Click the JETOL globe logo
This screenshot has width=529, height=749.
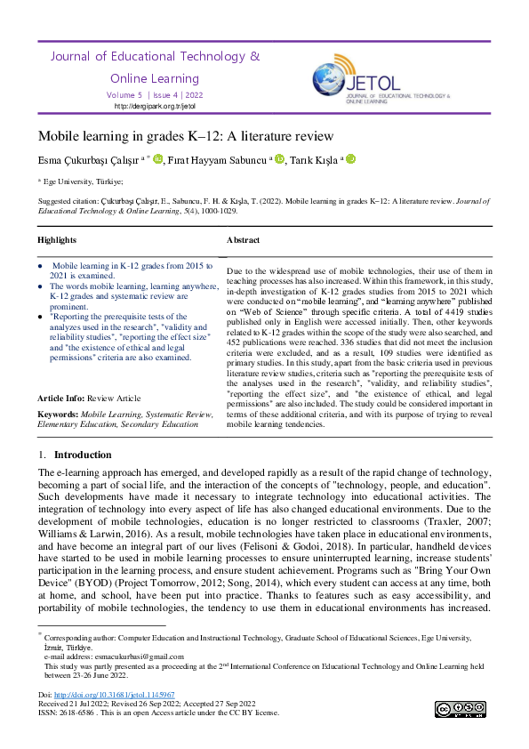coord(328,78)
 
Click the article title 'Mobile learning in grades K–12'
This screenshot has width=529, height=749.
coord(185,136)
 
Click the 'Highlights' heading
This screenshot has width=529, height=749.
coord(57,240)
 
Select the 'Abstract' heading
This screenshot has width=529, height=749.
coord(243,240)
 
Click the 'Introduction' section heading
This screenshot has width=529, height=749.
coord(83,454)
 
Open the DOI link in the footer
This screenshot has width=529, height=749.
coord(114,694)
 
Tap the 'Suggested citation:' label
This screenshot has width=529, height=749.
coord(69,201)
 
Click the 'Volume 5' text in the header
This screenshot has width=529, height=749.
coord(124,94)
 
